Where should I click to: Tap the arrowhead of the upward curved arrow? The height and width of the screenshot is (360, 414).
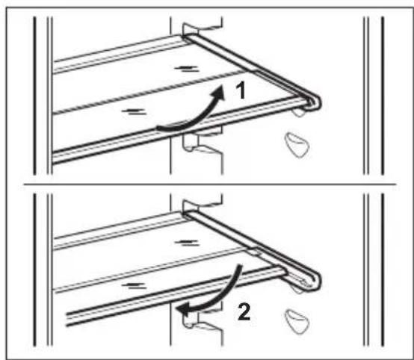(x=218, y=90)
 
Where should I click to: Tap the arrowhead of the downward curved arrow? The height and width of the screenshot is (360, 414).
(x=181, y=305)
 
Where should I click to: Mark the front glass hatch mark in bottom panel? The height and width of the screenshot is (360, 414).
(x=135, y=285)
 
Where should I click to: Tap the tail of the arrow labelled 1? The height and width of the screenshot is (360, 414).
(x=159, y=128)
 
